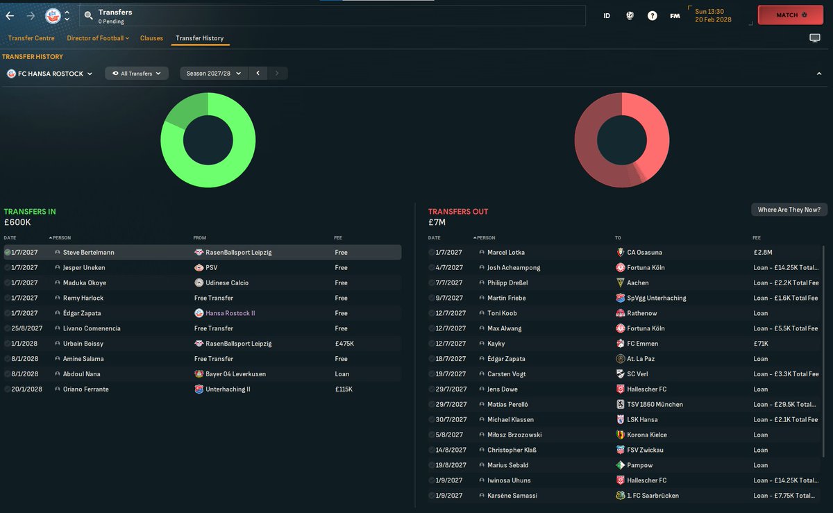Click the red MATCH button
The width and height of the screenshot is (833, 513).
tap(790, 15)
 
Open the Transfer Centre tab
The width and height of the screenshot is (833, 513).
tap(31, 38)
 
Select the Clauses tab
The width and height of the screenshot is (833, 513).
tap(151, 38)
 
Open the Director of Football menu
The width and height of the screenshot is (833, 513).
tap(98, 38)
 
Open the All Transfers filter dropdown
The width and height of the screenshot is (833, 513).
tap(137, 73)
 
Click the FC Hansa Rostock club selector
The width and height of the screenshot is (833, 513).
tap(49, 74)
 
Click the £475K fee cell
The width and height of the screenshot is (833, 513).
tap(344, 344)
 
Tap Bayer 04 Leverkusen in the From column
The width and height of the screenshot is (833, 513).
tap(235, 374)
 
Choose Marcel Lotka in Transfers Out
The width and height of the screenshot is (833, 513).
tap(507, 253)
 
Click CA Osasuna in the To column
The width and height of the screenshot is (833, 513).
tap(645, 253)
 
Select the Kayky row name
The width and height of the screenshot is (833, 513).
tap(496, 344)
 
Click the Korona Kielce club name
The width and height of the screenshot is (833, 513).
tap(646, 435)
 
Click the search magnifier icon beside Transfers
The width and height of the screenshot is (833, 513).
tap(88, 15)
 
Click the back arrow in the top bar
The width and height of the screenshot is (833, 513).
tap(10, 15)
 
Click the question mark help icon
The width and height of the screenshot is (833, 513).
tap(653, 15)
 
